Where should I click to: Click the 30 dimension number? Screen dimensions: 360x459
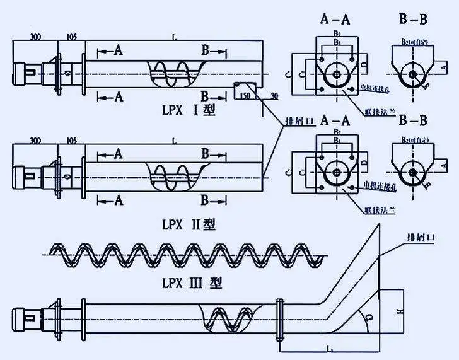coord(274,95)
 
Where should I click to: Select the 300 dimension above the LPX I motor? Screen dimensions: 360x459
coord(36,37)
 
